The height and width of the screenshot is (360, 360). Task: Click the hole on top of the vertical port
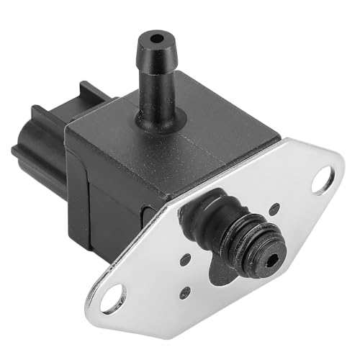(153, 34)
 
